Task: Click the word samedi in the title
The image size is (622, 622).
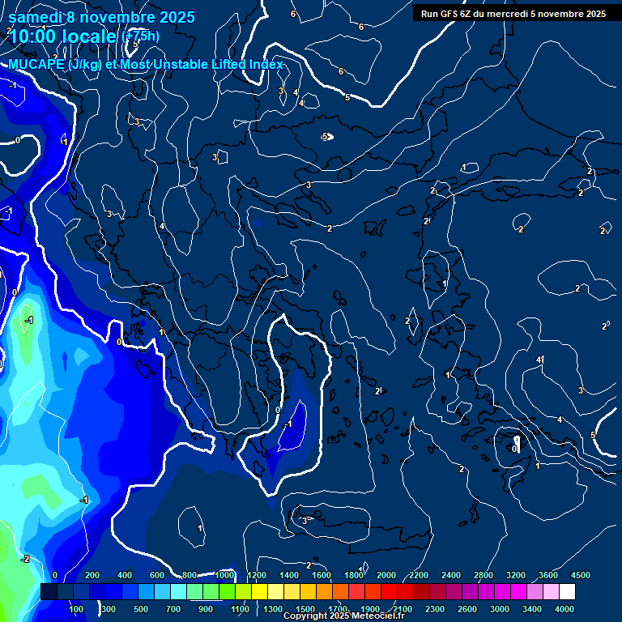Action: pyautogui.click(x=35, y=16)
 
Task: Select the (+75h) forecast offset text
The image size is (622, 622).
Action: pyautogui.click(x=140, y=36)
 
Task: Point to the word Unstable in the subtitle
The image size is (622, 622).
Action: pyautogui.click(x=193, y=65)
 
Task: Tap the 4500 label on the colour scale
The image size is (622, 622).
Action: pyautogui.click(x=580, y=575)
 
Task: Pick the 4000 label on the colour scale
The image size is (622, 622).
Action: pyautogui.click(x=565, y=609)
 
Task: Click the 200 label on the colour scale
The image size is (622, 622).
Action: pyautogui.click(x=92, y=575)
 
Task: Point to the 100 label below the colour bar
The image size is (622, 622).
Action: pyautogui.click(x=77, y=609)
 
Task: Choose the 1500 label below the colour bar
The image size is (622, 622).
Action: pyautogui.click(x=305, y=609)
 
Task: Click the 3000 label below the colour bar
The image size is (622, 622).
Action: pyautogui.click(x=501, y=609)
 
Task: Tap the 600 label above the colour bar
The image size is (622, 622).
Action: pyautogui.click(x=157, y=575)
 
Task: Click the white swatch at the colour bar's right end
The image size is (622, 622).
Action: pyautogui.click(x=566, y=592)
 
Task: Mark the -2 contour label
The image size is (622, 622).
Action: pyautogui.click(x=25, y=559)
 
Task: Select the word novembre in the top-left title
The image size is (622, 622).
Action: pyautogui.click(x=120, y=16)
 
